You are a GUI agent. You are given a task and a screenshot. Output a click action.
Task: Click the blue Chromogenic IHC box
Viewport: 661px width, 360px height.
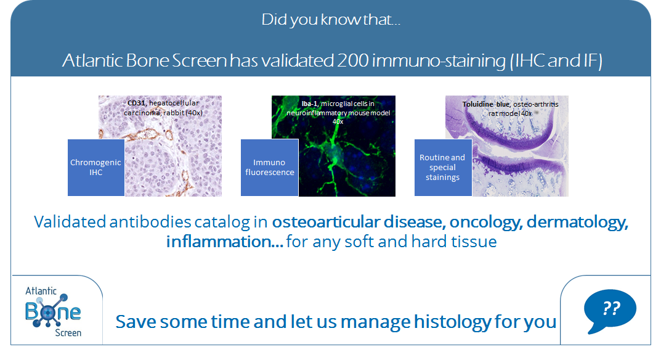96,168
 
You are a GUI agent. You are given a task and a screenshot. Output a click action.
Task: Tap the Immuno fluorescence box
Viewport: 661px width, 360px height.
269,168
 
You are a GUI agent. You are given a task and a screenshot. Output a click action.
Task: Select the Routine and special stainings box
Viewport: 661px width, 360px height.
443,168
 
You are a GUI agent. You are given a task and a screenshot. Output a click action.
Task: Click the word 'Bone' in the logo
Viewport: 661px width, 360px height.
53,311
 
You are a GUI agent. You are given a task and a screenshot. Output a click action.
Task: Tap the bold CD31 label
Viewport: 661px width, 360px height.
136,103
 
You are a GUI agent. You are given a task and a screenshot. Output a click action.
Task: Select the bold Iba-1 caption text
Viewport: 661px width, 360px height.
309,104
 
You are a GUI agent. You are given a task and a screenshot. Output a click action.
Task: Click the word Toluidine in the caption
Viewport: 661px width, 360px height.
477,104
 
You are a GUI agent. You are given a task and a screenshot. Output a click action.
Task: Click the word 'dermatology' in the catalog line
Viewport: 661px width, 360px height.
577,222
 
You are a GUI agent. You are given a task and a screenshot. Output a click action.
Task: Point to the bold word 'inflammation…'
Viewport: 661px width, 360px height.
224,242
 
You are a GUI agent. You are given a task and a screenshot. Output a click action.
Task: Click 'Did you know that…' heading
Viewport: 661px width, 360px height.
331,20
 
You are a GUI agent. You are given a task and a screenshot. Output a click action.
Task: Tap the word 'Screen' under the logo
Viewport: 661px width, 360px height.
68,333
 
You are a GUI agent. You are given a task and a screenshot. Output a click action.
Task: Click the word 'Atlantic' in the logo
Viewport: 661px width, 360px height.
41,291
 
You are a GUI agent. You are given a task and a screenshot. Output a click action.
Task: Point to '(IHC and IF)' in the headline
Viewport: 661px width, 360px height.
556,60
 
